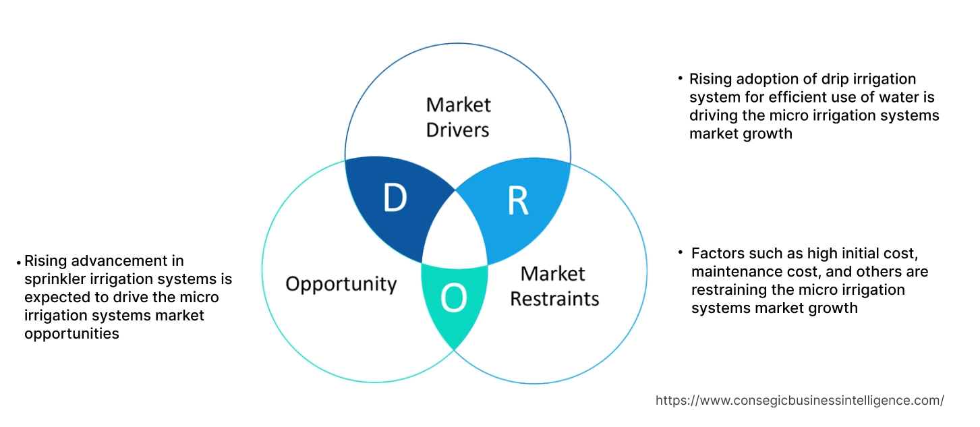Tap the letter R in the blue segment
tap(517, 200)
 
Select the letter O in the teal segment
tap(453, 299)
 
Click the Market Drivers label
tap(459, 117)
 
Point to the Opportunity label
tap(341, 284)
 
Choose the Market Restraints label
tap(554, 286)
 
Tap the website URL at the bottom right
tap(800, 400)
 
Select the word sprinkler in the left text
tap(56, 279)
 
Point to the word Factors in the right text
tap(717, 254)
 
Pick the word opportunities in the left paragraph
tap(71, 333)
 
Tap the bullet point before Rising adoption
tap(681, 79)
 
